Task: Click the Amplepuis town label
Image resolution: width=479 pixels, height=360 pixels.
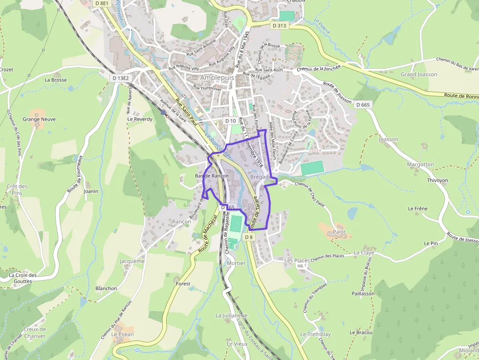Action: coord(217,78)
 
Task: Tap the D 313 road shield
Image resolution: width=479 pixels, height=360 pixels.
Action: coord(279,25)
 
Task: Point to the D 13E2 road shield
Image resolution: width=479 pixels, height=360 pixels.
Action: coord(120,78)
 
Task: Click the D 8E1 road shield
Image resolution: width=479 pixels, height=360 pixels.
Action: coord(102,3)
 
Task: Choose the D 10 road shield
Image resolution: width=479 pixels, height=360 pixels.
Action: coord(230,121)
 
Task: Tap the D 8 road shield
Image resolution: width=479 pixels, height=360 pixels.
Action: coord(249,237)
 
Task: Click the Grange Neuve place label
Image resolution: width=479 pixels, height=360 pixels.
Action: coord(39,119)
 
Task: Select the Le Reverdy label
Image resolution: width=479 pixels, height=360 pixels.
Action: coord(140,119)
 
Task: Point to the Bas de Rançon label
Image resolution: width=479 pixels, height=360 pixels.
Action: coord(212,176)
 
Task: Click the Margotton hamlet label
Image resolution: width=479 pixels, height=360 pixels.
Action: coord(420,165)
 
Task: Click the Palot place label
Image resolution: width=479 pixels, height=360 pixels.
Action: coord(339,232)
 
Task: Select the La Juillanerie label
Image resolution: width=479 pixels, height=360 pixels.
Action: coord(232,316)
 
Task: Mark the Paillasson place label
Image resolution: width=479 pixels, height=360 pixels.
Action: coord(362,294)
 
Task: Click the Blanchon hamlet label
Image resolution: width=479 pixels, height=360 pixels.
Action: coord(107,288)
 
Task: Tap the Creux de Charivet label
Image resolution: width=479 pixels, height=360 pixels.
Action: coord(34,333)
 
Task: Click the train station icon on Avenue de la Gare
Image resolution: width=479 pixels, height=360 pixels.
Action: coord(163,112)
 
